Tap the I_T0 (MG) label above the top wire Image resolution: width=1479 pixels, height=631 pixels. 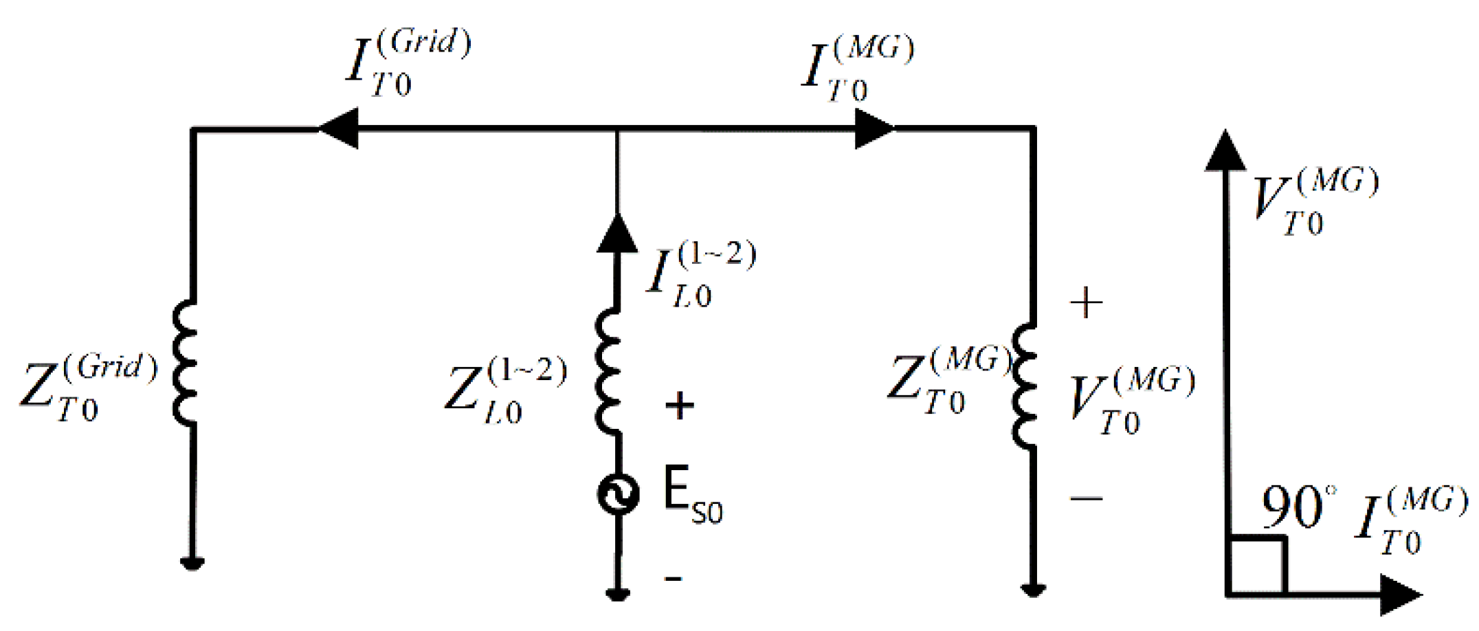click(856, 69)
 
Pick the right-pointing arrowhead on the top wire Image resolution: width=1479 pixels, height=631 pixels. click(874, 129)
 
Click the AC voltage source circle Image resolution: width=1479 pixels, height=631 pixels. click(618, 494)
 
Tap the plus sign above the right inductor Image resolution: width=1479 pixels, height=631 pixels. click(1087, 303)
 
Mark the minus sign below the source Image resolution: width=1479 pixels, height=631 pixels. click(674, 579)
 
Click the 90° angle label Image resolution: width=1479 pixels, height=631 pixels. click(1298, 507)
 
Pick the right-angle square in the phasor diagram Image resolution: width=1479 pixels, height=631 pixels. click(1256, 565)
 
